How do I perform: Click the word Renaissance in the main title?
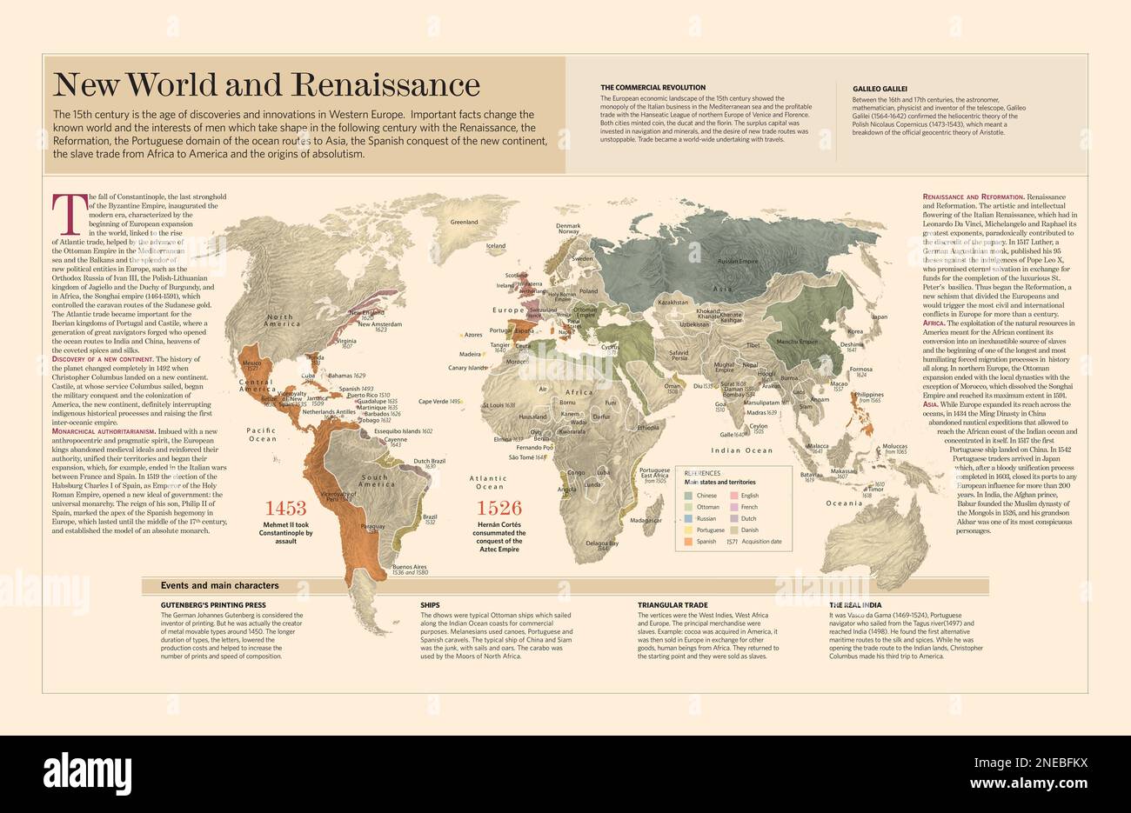coord(385,84)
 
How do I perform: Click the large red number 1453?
coord(286,509)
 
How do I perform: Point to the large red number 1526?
coord(499,509)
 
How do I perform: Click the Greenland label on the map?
coord(464,223)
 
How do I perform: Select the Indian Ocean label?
coord(741,450)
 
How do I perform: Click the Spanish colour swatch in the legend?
coord(687,542)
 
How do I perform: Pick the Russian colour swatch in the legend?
coord(687,518)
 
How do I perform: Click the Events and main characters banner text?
coord(219,586)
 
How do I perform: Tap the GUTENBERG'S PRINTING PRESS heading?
coord(213,604)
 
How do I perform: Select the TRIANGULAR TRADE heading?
coord(673,604)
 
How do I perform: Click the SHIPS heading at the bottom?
coord(430,604)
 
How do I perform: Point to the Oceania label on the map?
coord(844,503)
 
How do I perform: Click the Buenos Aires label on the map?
coord(410,566)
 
